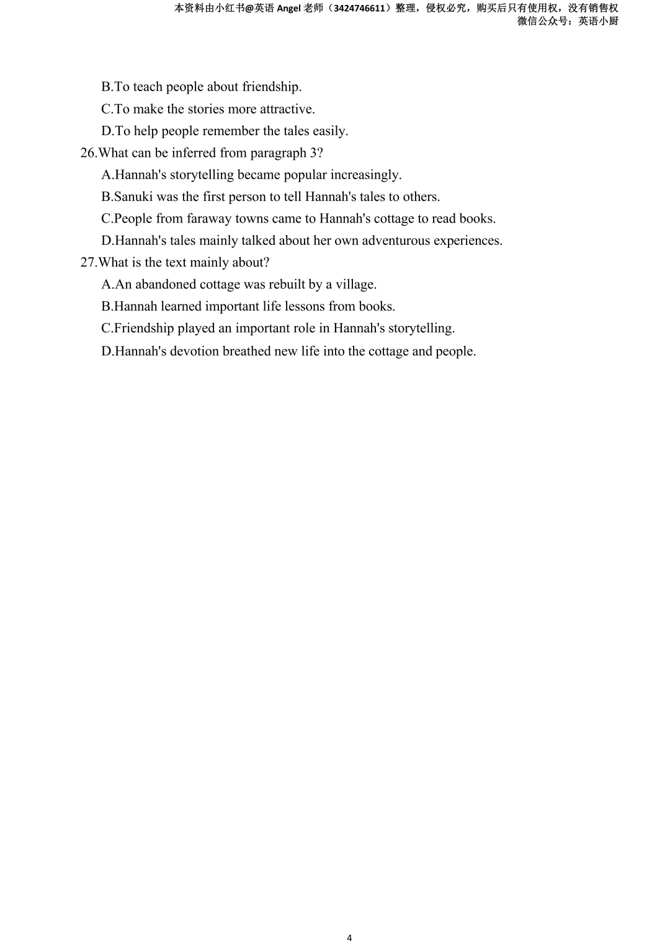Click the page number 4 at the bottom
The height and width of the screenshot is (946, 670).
(x=349, y=937)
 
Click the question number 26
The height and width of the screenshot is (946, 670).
(x=88, y=153)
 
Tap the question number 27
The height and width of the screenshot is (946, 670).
(x=88, y=263)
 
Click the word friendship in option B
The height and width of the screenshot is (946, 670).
(x=271, y=87)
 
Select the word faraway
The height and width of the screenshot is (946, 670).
(x=209, y=219)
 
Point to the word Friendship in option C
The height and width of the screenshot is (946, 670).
(x=144, y=329)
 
